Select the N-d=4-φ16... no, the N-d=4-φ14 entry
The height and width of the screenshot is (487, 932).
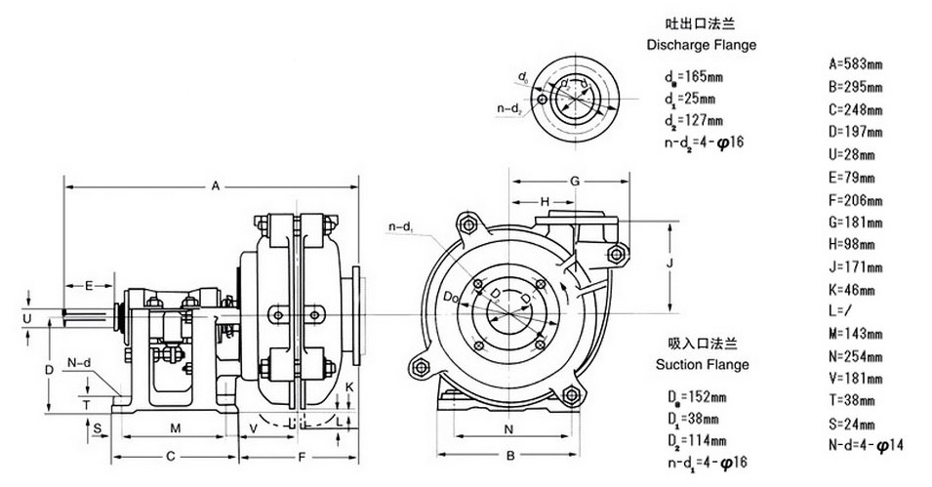point(867,445)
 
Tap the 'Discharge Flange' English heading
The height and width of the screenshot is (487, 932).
point(702,45)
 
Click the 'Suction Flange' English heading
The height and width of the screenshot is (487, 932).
point(702,365)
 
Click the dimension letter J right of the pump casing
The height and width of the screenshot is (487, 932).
point(670,262)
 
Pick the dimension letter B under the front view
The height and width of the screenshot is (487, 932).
point(508,455)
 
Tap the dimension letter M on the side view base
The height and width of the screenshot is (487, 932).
point(176,429)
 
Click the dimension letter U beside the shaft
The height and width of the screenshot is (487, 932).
point(27,318)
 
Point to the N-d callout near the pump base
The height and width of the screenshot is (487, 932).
point(80,363)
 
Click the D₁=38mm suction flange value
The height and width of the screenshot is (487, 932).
point(696,418)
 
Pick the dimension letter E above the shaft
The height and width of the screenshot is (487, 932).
point(88,285)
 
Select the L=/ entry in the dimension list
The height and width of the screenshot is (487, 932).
point(840,309)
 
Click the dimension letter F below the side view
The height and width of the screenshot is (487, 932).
point(303,456)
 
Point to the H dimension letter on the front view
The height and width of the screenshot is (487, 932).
point(547,200)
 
